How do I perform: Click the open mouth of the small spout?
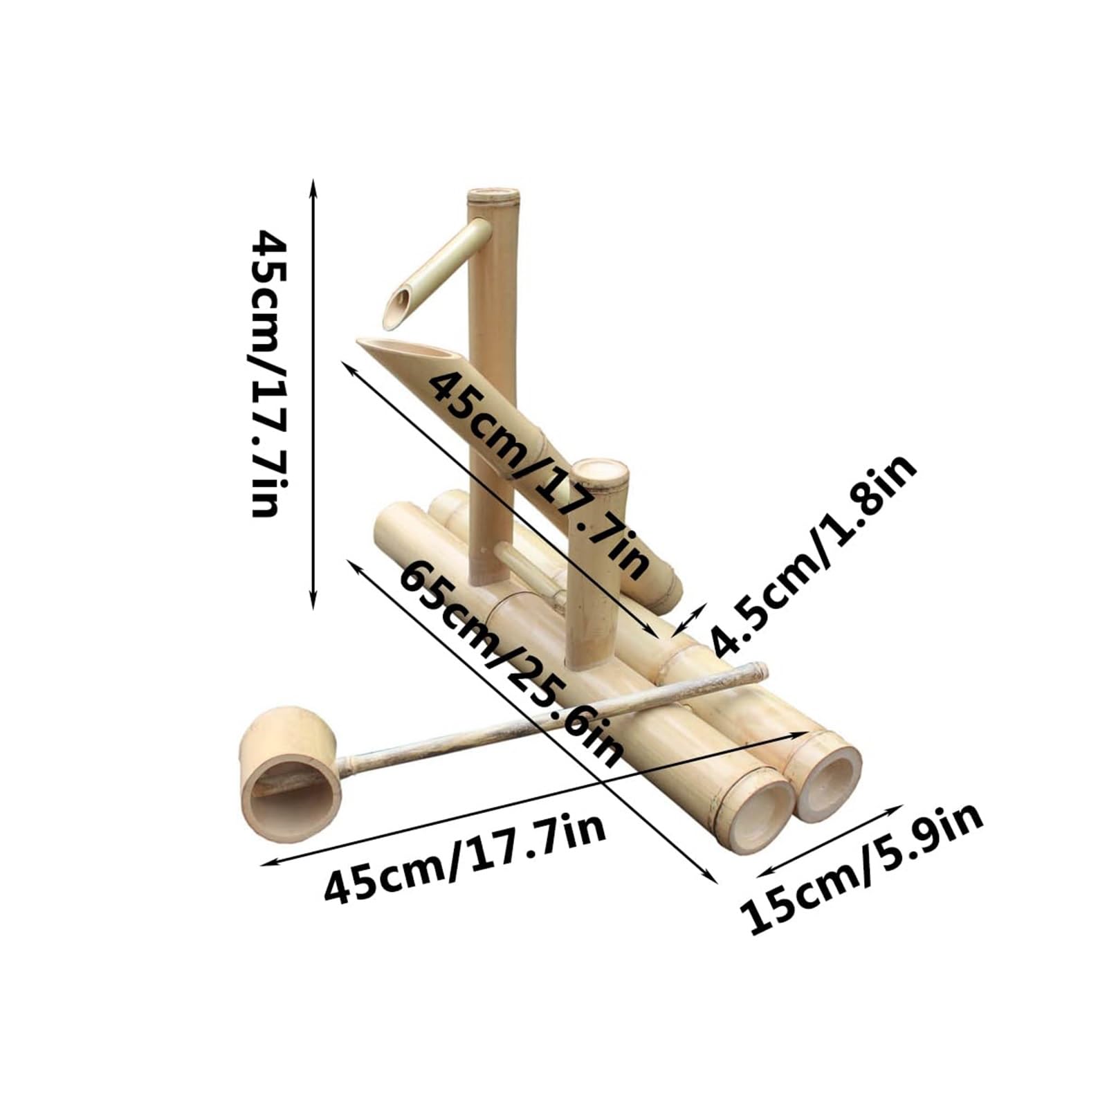399,308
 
